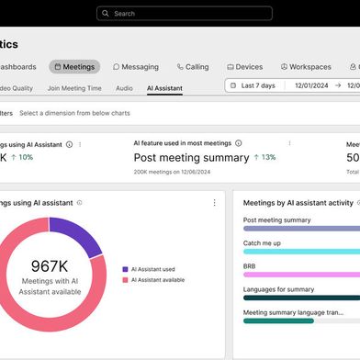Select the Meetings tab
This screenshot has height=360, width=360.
74,67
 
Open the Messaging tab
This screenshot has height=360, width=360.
136,67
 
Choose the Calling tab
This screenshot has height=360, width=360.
193,67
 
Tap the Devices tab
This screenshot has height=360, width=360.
244,67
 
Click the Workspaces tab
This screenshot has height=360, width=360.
305,67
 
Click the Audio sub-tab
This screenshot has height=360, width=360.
124,88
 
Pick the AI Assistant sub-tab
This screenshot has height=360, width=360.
164,88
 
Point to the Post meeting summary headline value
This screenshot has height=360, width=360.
191,157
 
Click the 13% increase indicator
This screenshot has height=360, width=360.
264,157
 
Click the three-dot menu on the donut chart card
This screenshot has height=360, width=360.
214,203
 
